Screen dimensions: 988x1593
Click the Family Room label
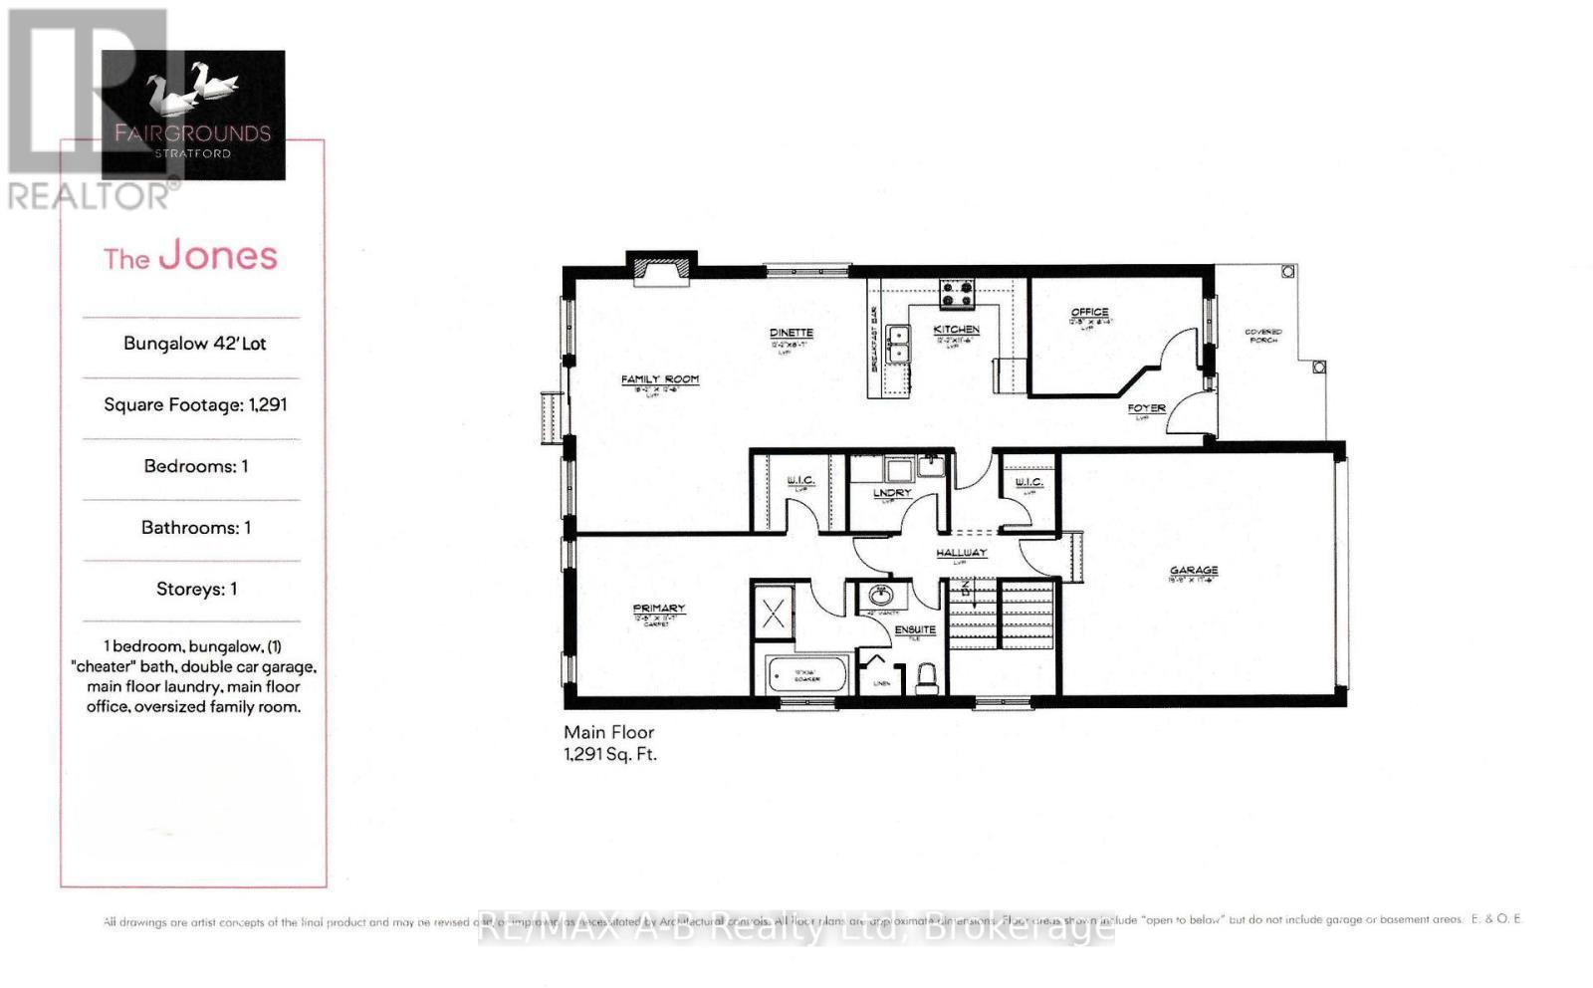point(660,379)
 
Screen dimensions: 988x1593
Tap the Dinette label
point(792,334)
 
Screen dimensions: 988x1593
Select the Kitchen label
point(956,330)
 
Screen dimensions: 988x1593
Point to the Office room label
point(1089,313)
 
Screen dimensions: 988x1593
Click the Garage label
point(1194,571)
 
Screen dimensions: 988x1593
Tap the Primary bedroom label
point(658,609)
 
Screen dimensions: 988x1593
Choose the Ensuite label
point(915,629)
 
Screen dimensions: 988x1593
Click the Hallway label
point(961,553)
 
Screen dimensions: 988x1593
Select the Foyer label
point(1146,408)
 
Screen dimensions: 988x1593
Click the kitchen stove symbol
point(958,293)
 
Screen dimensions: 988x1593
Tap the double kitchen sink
point(898,345)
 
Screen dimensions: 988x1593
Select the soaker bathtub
point(805,675)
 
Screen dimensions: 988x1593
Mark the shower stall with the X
point(774,611)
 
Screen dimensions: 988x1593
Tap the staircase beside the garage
point(1000,612)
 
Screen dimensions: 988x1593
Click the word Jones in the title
point(218,256)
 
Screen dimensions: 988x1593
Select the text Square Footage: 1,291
point(195,404)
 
